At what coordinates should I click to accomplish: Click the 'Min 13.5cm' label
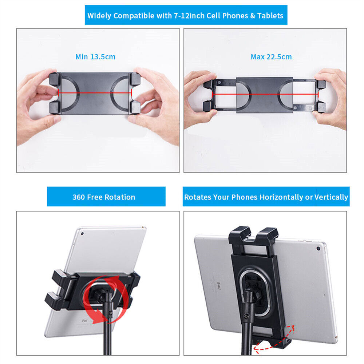pos(95,57)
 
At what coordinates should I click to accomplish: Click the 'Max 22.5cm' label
pos(271,57)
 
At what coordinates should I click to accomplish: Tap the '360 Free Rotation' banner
pos(104,197)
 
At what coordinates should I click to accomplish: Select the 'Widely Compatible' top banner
pos(186,16)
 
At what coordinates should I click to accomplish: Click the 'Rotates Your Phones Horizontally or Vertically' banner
pos(266,197)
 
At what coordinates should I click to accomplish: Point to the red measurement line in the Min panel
pos(95,93)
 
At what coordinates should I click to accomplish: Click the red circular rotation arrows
pos(106,295)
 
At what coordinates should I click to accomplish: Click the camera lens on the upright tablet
pos(83,233)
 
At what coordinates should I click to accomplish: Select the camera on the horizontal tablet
pos(318,249)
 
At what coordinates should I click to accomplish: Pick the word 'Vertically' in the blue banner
pos(331,197)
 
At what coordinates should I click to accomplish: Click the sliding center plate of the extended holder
pos(265,94)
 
